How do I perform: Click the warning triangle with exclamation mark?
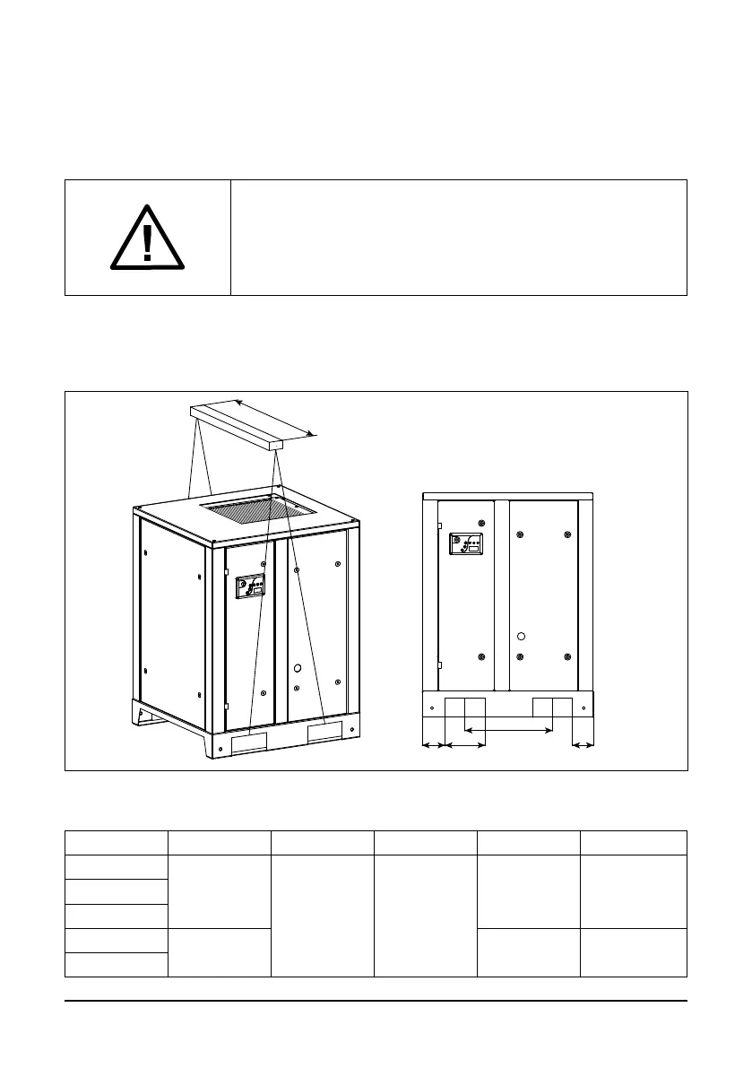point(148,238)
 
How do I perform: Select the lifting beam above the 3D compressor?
point(236,426)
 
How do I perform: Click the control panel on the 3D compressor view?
point(250,586)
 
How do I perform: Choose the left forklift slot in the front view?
point(465,706)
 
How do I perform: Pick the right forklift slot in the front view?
point(552,706)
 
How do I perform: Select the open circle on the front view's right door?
point(521,637)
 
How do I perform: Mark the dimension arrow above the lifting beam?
point(274,418)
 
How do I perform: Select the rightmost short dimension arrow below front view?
point(583,744)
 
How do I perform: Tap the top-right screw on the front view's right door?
point(566,535)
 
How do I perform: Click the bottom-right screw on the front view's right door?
point(566,657)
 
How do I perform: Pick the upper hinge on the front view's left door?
point(438,526)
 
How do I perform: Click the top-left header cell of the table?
point(117,843)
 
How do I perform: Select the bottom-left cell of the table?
point(117,964)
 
